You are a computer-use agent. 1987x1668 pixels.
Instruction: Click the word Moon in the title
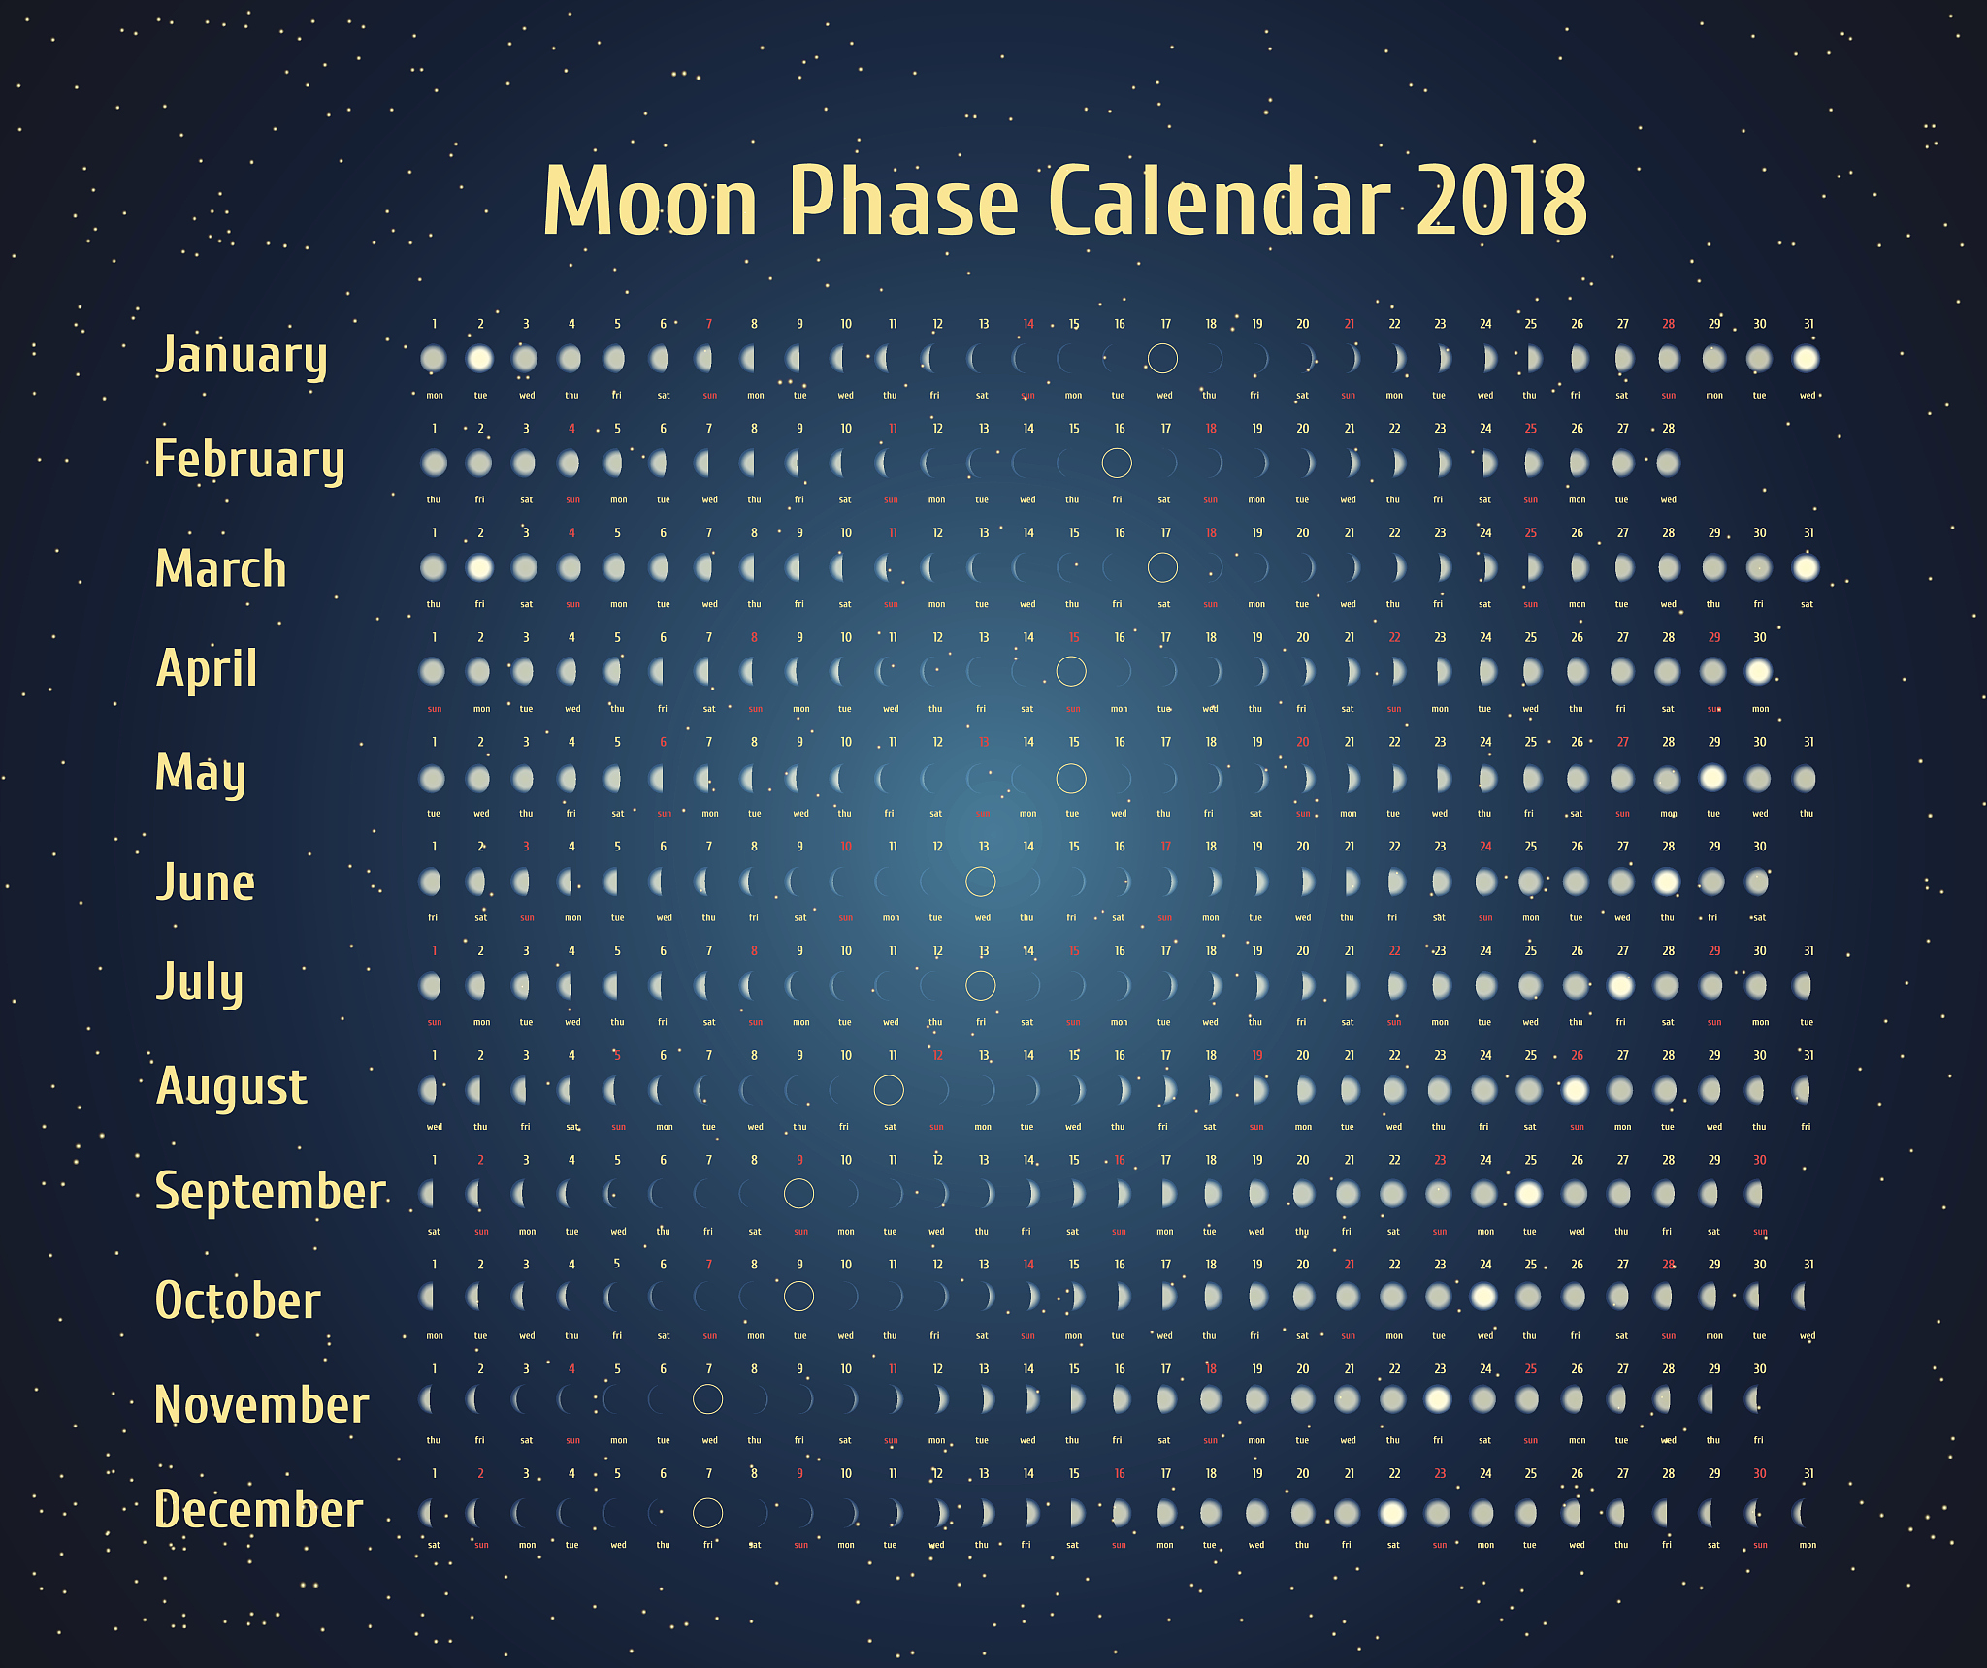click(x=650, y=201)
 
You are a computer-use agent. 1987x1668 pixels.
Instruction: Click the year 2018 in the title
click(x=1502, y=201)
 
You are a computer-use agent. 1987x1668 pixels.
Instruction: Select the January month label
click(x=243, y=356)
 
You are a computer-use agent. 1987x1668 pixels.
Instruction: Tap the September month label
click(x=271, y=1192)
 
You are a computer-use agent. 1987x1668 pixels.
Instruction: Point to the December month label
click(x=259, y=1509)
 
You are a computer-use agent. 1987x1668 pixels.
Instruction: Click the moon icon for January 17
click(x=1162, y=359)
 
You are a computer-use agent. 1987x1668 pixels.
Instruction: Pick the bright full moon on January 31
click(x=1806, y=359)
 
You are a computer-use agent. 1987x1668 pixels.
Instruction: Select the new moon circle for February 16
click(x=1117, y=464)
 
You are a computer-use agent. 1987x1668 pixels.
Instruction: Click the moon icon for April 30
click(x=1758, y=671)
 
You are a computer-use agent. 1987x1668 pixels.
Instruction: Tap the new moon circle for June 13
click(x=981, y=882)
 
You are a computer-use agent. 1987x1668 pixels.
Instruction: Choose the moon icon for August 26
click(x=1575, y=1090)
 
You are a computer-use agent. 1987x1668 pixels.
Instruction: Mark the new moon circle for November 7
click(x=708, y=1399)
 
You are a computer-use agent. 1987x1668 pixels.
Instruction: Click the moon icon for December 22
click(x=1392, y=1513)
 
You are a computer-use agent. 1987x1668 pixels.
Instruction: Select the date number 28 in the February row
click(x=1669, y=429)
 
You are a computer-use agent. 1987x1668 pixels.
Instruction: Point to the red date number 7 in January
click(x=709, y=324)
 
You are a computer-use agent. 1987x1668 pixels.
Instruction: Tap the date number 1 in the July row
click(x=435, y=951)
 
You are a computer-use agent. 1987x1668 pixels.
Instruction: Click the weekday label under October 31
click(x=1808, y=1336)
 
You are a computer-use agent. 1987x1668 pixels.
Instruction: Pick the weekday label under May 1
click(x=434, y=814)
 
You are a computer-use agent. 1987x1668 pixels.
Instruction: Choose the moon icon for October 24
click(x=1483, y=1296)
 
